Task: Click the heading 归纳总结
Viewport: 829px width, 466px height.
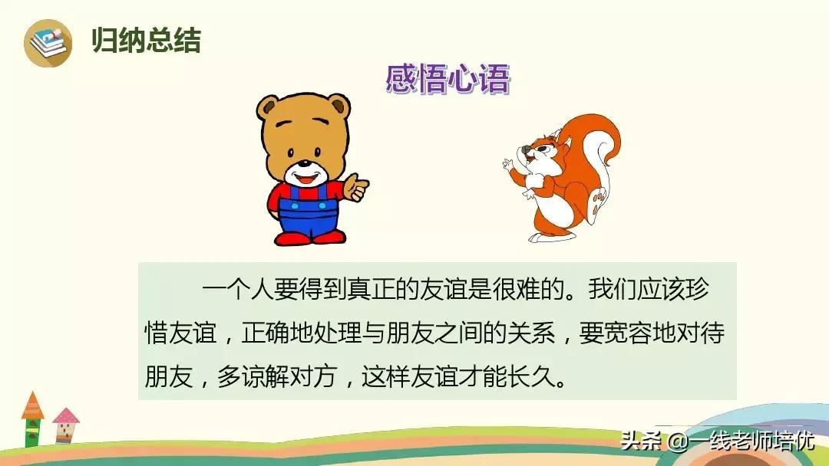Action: click(147, 40)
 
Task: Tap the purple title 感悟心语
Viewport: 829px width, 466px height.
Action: click(448, 79)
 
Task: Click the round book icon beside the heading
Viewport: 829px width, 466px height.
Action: click(48, 43)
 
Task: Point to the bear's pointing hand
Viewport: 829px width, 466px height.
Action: click(356, 187)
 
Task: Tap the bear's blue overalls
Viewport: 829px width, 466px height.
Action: click(309, 209)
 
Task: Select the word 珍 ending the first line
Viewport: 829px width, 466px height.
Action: click(697, 289)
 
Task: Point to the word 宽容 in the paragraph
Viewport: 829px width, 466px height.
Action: click(628, 333)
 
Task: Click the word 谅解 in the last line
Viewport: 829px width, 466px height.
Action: click(265, 377)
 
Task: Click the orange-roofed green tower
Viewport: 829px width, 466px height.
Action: click(33, 419)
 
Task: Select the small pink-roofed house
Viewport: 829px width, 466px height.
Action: click(65, 425)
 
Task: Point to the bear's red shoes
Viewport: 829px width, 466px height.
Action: click(310, 238)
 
